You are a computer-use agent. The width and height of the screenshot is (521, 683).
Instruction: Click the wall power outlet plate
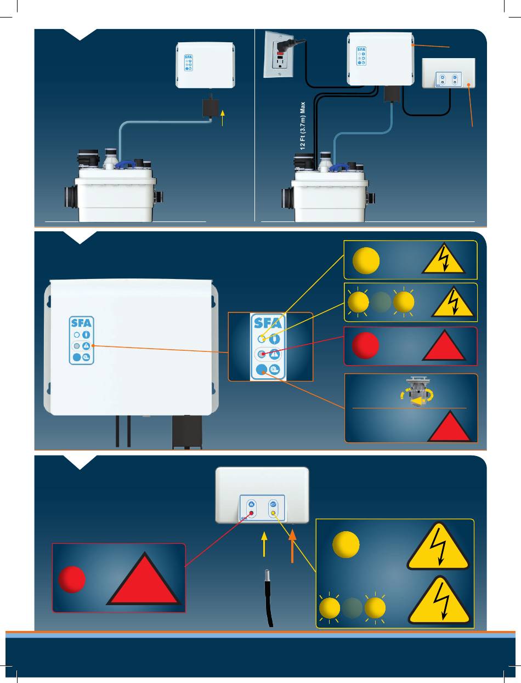[279, 54]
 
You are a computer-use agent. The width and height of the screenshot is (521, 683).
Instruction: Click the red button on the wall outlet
[280, 54]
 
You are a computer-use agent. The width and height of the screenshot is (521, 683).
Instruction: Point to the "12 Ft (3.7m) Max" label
[303, 126]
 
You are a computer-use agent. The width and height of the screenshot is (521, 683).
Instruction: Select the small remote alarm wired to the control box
[449, 73]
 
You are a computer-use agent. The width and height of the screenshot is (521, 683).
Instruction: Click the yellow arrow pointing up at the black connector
[222, 118]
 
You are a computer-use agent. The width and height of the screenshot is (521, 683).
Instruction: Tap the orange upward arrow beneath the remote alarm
[292, 547]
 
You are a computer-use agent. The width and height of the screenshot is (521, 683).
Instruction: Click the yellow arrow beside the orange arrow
[264, 544]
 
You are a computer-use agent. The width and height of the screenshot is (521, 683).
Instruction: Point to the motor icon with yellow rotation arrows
[416, 392]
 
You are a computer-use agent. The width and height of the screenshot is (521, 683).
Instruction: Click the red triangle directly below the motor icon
[449, 426]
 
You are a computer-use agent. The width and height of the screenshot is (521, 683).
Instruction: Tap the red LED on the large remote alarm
[252, 513]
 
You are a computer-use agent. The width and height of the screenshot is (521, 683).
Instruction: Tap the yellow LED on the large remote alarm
[273, 513]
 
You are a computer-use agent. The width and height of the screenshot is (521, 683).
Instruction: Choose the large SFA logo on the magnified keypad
[268, 323]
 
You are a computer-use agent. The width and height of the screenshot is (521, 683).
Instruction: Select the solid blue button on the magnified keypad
[261, 369]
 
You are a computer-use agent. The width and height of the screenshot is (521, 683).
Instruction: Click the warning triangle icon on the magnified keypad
[275, 354]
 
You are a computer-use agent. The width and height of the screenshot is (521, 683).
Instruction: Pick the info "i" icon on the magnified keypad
[275, 339]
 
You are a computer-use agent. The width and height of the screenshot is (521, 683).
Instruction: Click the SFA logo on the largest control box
[81, 323]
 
